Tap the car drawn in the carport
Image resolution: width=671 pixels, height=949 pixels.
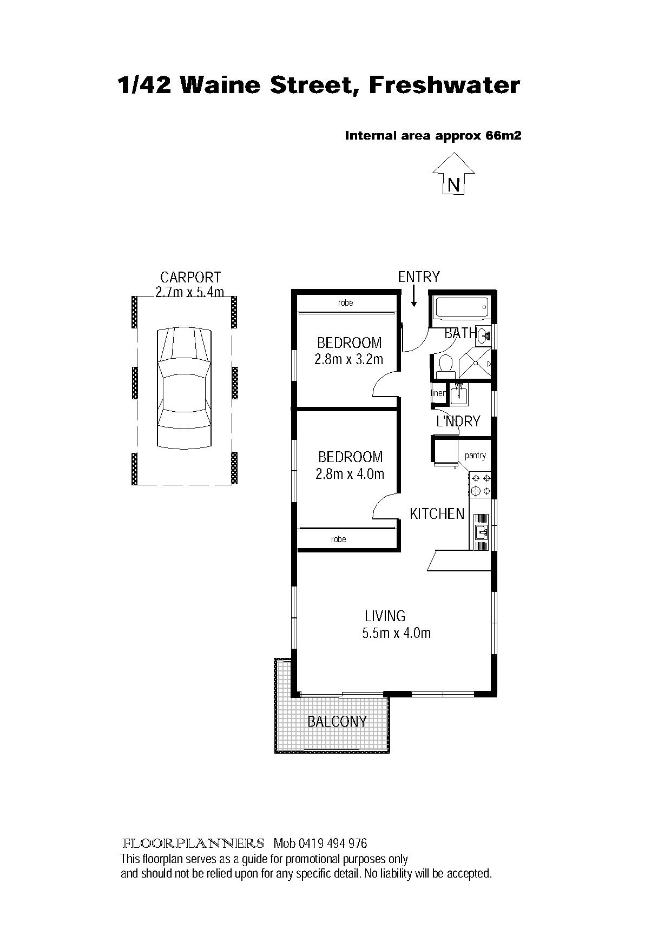(x=184, y=388)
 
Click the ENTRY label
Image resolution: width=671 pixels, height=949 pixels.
(x=419, y=277)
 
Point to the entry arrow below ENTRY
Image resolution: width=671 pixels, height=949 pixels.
(x=413, y=296)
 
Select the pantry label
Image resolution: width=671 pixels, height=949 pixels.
(x=475, y=456)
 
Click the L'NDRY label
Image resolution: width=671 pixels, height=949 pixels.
(x=458, y=421)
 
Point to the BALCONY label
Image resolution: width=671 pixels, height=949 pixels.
(x=337, y=721)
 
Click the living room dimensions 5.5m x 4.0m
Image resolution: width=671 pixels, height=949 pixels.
(x=397, y=633)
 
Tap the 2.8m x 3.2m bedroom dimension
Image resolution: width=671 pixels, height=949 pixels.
(x=349, y=359)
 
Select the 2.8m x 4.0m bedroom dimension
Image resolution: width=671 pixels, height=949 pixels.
(x=350, y=474)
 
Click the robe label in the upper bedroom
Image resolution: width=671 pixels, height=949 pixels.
(x=346, y=303)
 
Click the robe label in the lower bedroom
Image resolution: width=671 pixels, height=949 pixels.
(x=339, y=539)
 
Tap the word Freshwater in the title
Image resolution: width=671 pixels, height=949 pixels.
(x=444, y=85)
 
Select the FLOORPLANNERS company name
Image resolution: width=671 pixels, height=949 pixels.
(x=194, y=843)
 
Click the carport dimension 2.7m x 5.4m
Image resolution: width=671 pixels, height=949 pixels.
(x=190, y=292)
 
